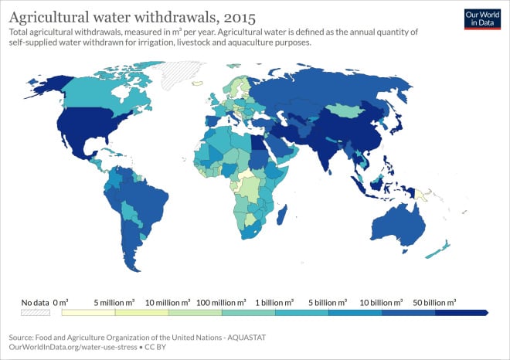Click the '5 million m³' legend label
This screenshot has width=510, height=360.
click(x=114, y=301)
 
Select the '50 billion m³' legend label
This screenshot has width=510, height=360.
click(x=435, y=301)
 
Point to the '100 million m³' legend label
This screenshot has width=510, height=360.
click(x=222, y=301)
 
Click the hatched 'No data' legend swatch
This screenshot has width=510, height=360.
click(x=36, y=313)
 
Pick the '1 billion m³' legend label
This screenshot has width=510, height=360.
click(x=275, y=301)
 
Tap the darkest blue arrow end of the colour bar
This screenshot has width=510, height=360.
click(x=462, y=313)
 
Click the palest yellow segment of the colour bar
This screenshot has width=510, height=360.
click(x=88, y=313)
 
